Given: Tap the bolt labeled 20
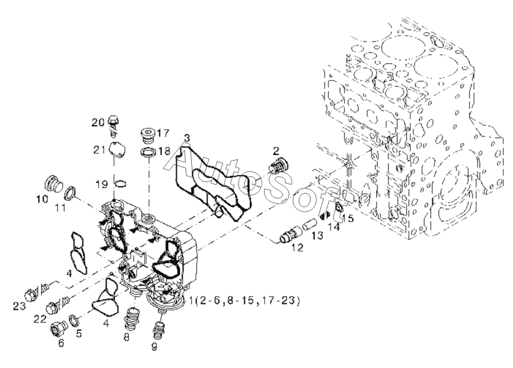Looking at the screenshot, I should (x=114, y=123).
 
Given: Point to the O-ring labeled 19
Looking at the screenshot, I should (x=122, y=183).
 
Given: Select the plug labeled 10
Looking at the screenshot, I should (x=52, y=184).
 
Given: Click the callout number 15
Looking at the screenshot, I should (x=349, y=218).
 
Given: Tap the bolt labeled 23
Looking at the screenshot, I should (x=32, y=293).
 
